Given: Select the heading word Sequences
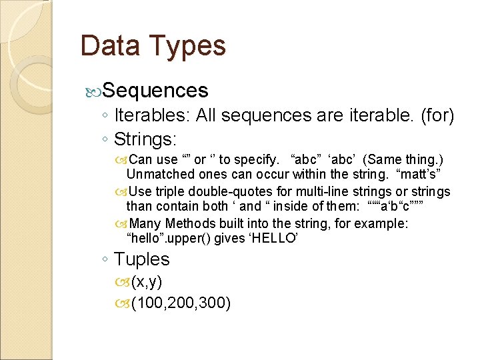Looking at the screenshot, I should point(156,90).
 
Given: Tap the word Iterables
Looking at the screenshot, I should point(153,115).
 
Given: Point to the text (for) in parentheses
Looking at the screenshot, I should point(437,115).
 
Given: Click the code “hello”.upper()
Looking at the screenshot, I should point(178,239).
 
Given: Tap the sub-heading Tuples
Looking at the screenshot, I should point(142,259).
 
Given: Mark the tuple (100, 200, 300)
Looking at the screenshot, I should point(181,303).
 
